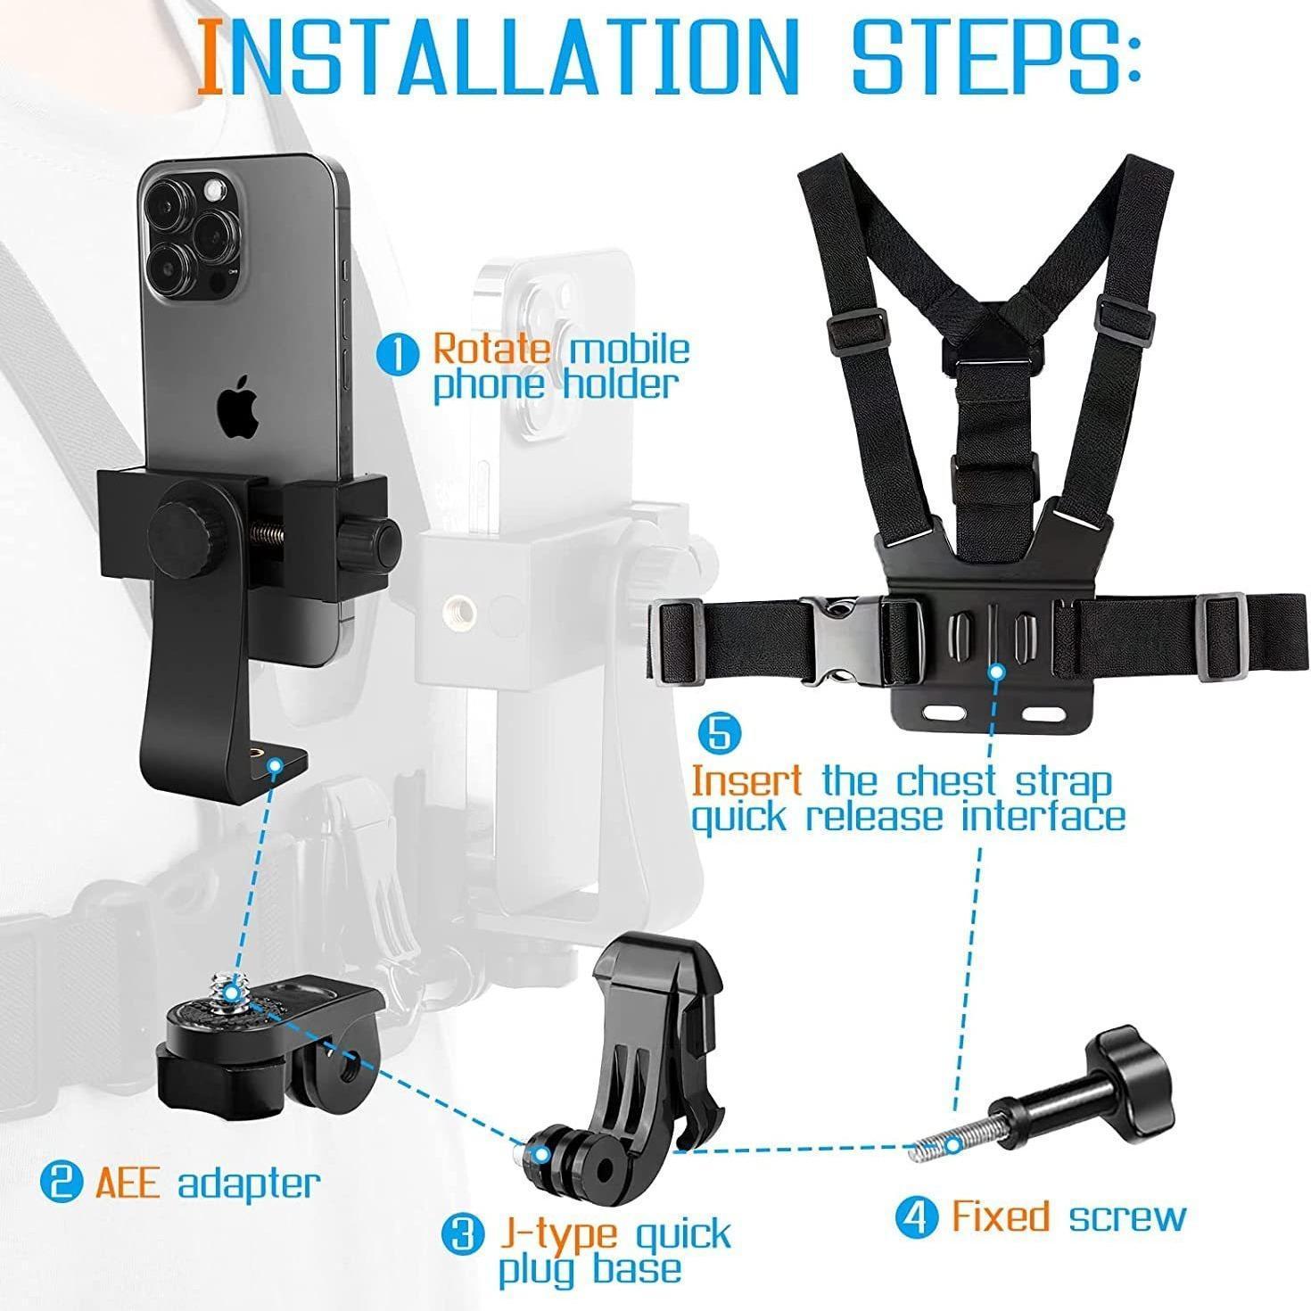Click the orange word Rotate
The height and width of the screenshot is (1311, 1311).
click(491, 348)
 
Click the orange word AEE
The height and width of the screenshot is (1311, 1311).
click(128, 1183)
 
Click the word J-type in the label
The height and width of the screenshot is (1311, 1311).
click(557, 1235)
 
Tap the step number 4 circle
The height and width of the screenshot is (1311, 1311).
click(917, 1216)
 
